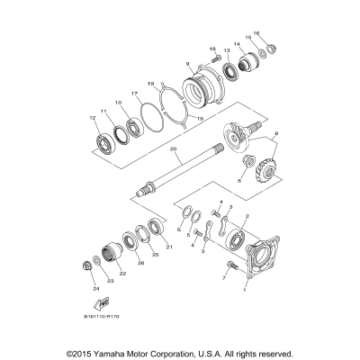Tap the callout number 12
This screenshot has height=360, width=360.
92,118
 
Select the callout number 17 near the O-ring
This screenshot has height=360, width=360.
134,94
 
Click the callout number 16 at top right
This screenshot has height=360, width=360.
257,33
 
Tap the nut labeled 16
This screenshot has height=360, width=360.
259,51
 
